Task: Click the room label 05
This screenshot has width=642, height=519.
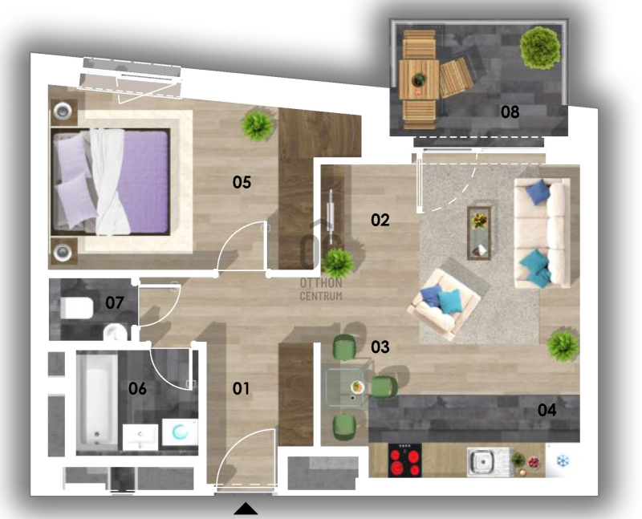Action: point(242,182)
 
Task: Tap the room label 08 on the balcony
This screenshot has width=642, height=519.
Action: point(510,112)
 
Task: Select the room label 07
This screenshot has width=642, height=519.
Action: point(114,303)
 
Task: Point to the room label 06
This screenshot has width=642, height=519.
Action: point(137,388)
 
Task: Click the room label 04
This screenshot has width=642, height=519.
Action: point(547,410)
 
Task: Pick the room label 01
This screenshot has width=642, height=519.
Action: point(241,388)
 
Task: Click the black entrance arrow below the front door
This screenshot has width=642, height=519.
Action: point(246,509)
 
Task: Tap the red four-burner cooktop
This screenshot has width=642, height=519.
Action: point(405,460)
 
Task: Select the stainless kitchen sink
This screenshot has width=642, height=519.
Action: point(485,462)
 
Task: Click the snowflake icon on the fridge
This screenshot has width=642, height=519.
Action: point(563,462)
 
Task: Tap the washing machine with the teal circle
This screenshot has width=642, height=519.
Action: point(180,432)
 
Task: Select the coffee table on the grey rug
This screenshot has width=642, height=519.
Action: point(479,233)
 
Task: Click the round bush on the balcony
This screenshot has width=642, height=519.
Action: point(540,47)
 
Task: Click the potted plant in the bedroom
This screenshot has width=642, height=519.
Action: point(257,125)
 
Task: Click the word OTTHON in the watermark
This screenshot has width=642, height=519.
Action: point(321,283)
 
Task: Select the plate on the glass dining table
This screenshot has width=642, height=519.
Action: point(357,387)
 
